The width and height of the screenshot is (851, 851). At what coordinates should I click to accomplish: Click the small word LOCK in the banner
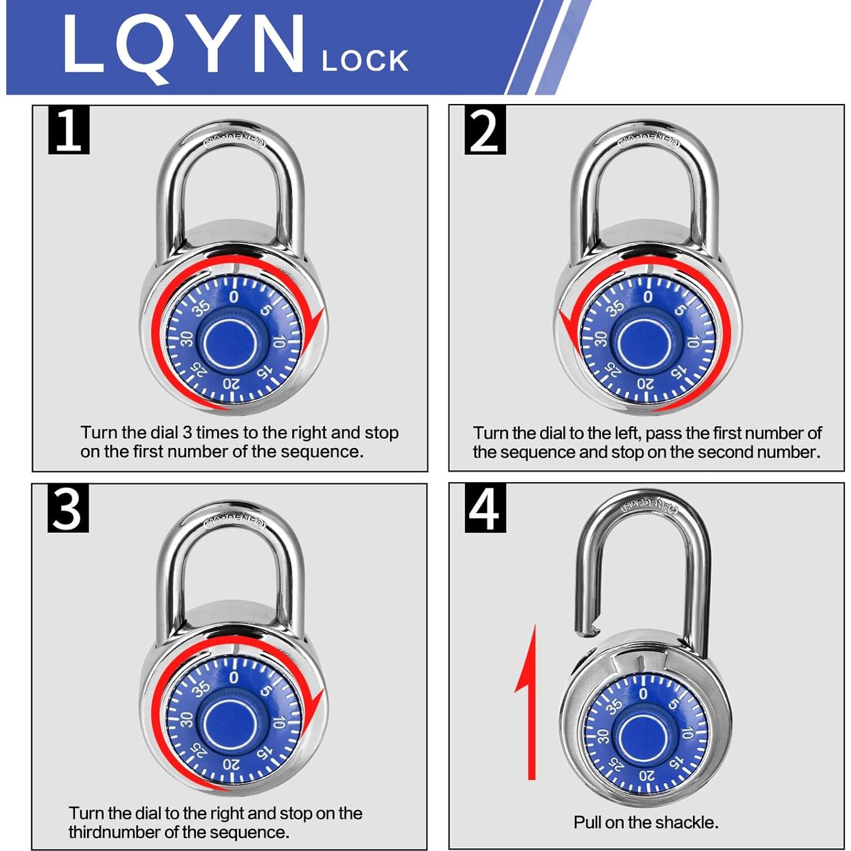364,61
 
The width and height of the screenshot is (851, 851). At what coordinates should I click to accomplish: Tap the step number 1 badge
69,130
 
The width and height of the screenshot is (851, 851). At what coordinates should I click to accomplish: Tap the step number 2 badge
485,130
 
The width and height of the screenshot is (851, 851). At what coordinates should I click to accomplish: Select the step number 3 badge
68,509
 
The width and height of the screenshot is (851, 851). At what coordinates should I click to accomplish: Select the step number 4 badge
485,509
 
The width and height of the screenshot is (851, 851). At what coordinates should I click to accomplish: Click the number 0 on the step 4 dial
643,694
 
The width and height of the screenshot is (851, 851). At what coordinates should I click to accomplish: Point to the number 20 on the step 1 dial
231,384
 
